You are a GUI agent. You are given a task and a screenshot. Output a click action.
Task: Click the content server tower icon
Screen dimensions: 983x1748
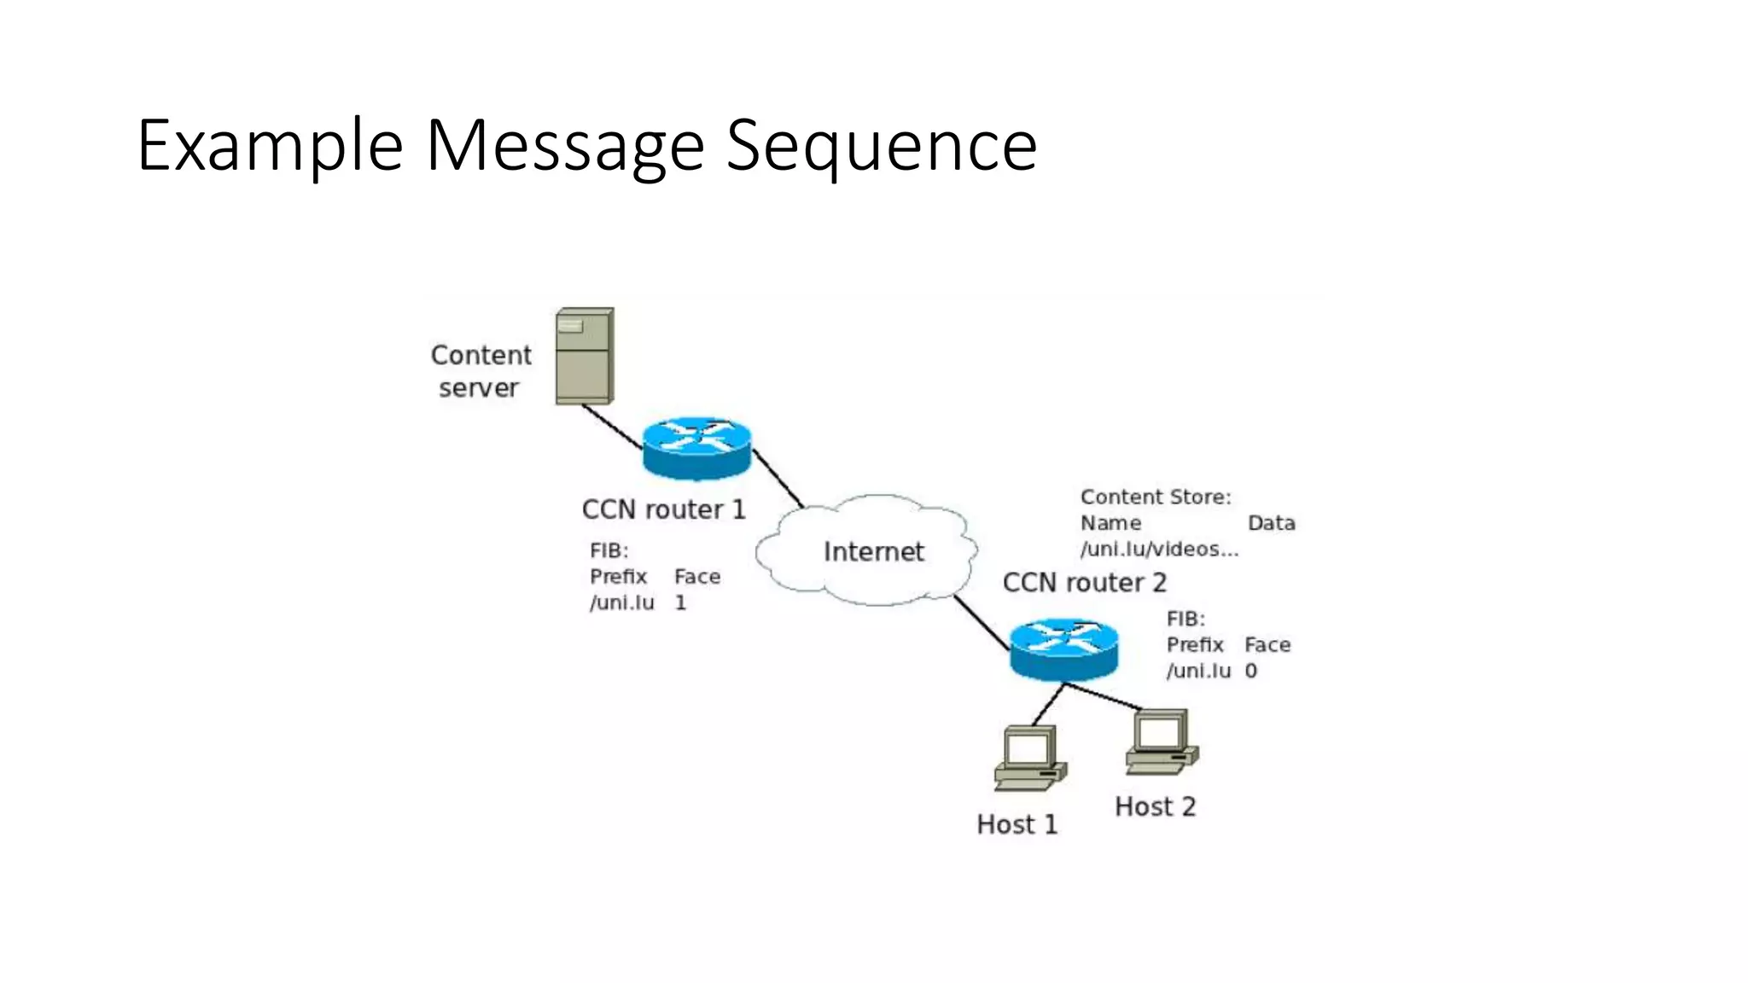coord(585,356)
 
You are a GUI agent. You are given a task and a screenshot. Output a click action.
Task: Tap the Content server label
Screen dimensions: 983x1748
coord(481,371)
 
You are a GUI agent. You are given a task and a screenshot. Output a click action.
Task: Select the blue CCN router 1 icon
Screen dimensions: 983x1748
coord(696,447)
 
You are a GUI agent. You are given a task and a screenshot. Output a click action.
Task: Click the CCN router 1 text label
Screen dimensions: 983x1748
coord(663,509)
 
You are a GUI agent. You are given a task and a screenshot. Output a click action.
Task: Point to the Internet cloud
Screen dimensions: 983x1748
coord(872,551)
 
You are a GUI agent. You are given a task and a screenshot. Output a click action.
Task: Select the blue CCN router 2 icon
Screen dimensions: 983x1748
coord(1063,649)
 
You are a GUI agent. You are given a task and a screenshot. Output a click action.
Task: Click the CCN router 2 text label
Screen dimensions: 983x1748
coord(1084,583)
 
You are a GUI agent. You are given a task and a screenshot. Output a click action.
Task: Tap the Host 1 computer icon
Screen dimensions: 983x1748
coord(1029,758)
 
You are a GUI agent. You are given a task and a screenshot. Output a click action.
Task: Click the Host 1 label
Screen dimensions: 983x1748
coord(1017,824)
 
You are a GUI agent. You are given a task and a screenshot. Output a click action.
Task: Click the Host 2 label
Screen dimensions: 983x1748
coord(1155,806)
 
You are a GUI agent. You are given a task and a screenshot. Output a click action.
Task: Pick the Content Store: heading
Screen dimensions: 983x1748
coord(1156,497)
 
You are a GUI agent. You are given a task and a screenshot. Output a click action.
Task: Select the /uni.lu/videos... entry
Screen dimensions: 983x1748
coord(1159,549)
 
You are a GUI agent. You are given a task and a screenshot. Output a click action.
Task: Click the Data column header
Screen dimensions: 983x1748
coord(1271,523)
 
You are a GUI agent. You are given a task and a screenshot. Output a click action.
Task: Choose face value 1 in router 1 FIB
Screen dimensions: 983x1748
coord(680,602)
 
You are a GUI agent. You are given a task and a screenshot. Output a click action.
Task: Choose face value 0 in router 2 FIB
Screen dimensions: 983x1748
coord(1250,671)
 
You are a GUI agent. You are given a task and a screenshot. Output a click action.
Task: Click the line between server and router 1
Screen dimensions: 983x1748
coord(611,426)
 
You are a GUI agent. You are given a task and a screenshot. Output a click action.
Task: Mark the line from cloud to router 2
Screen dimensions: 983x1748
coord(982,624)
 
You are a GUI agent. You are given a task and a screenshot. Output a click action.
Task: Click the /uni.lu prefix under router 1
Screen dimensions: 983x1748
coord(621,602)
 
